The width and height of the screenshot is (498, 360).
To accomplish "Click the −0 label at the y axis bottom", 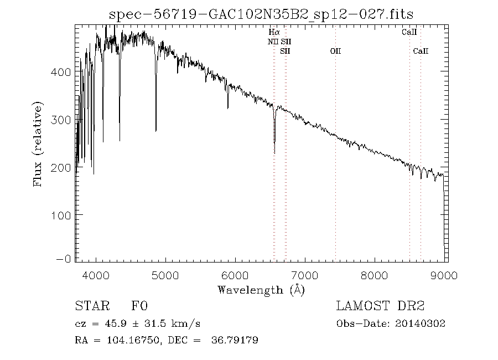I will click(64, 259).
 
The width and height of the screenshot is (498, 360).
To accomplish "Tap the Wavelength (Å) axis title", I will click(261, 290).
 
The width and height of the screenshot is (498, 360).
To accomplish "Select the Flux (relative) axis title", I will click(38, 143).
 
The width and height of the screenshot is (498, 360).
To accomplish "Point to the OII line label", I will click(335, 51).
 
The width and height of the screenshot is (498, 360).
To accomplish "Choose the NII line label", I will click(273, 42).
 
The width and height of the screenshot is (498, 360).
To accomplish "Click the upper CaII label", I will click(409, 33).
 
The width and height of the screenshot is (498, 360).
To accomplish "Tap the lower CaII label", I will click(421, 51).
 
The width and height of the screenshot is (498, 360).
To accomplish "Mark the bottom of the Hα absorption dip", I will click(274, 153).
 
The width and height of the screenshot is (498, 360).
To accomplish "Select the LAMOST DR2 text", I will click(380, 306).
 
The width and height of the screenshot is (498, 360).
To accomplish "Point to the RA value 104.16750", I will click(129, 340).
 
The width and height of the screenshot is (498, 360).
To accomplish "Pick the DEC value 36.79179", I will click(235, 340).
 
